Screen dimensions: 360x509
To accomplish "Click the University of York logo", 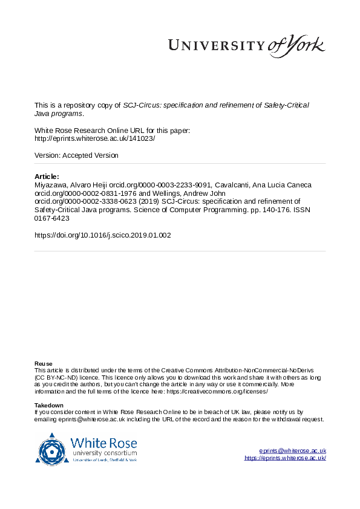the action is click(246, 45).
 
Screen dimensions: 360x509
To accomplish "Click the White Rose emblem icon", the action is click(51, 449).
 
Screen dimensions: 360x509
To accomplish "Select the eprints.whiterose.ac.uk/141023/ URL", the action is click(95, 138).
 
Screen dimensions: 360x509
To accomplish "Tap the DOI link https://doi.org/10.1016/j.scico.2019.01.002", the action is click(103, 235).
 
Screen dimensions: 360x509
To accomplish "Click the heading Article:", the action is click(47, 176).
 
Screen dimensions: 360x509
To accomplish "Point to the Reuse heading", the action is click(43, 363).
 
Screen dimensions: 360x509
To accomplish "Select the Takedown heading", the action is click(49, 405).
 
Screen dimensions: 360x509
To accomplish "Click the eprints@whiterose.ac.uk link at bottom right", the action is click(292, 451).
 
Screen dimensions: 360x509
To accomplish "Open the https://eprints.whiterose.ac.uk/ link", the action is click(285, 458).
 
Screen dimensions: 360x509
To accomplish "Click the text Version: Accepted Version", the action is click(77, 155).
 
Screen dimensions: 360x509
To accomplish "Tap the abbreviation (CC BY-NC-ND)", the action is click(58, 377).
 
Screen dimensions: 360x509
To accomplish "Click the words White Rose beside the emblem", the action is click(103, 443).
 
